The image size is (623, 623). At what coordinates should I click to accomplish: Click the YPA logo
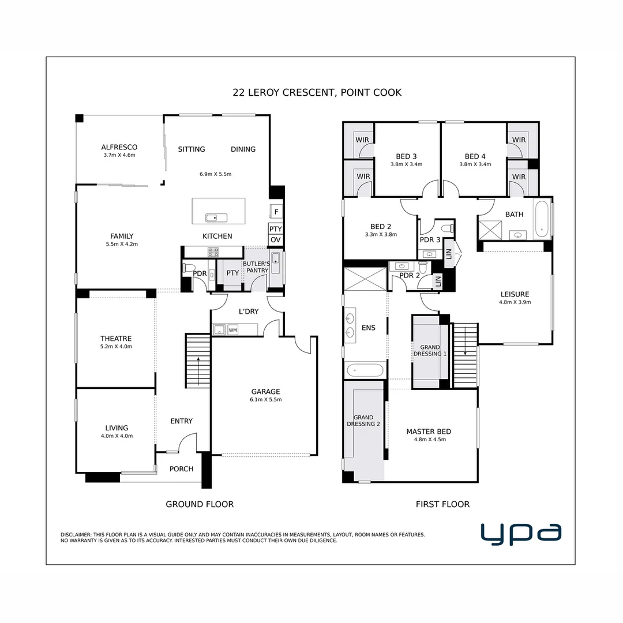tap(521, 534)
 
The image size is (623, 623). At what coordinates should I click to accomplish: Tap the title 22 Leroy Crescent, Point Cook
tap(317, 92)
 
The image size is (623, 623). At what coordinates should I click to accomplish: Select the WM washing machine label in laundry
tap(233, 330)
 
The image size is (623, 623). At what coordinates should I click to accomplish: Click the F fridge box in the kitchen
tap(276, 212)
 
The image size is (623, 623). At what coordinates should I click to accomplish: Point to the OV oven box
tap(276, 240)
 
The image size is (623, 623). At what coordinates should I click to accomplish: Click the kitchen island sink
tap(217, 217)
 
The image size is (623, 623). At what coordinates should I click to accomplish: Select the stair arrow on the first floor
tap(465, 346)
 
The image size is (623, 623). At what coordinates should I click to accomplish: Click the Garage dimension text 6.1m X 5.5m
tap(265, 399)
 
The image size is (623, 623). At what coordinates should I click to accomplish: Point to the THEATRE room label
tap(116, 339)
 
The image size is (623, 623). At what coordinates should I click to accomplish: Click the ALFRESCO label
tap(119, 147)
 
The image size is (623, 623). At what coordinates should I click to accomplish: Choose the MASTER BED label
tap(429, 431)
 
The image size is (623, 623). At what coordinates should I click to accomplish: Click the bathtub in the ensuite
tap(364, 370)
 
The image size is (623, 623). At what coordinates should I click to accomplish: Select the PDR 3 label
tap(430, 240)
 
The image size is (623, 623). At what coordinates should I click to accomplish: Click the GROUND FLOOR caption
tap(200, 504)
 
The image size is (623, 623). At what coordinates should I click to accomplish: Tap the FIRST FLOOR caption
tap(442, 504)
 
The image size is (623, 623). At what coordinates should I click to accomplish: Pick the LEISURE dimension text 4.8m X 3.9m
tap(515, 302)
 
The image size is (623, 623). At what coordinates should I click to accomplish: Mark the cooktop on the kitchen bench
tap(213, 252)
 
